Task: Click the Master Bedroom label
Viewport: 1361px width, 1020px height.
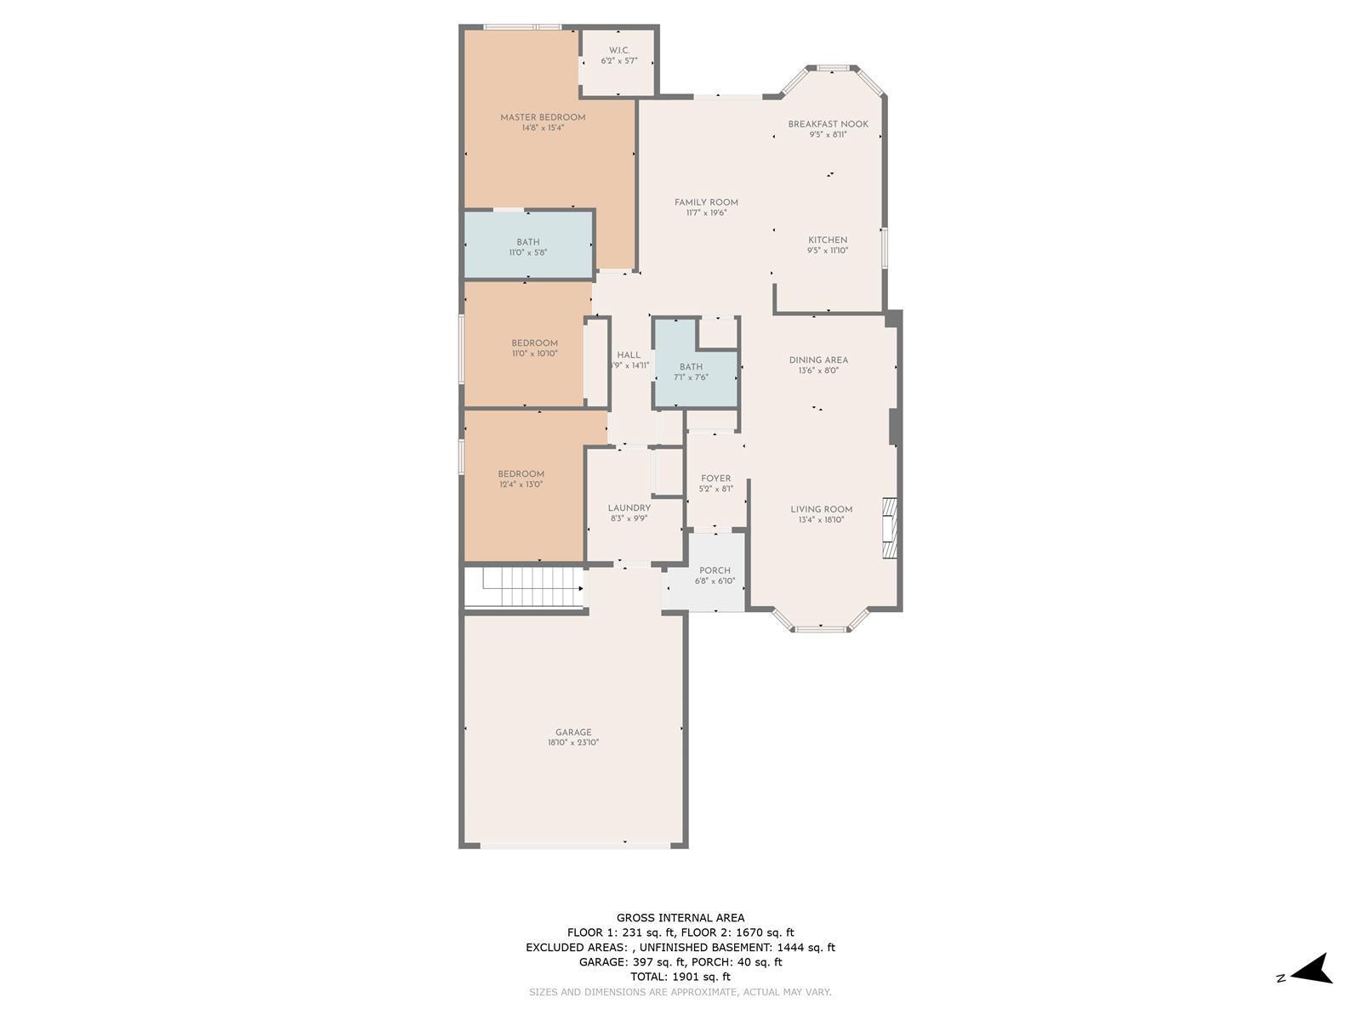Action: click(x=543, y=117)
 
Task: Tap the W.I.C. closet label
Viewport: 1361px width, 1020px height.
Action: click(x=618, y=50)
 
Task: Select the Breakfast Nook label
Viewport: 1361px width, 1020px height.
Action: click(x=828, y=124)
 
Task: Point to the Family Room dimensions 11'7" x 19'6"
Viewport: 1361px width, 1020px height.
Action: click(x=706, y=213)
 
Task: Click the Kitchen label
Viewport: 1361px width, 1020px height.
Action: click(x=827, y=241)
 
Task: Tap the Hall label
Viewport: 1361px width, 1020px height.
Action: click(x=628, y=355)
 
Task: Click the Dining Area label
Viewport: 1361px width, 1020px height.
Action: click(x=818, y=360)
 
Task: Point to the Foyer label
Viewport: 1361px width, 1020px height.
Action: click(x=715, y=479)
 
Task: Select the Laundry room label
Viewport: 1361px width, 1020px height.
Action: click(x=629, y=508)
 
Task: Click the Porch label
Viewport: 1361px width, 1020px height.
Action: click(x=715, y=571)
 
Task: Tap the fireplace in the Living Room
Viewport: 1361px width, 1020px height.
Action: click(x=890, y=528)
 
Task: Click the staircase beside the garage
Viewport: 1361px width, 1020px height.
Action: click(x=525, y=587)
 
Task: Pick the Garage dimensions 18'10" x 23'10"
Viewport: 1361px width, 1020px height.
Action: click(x=573, y=743)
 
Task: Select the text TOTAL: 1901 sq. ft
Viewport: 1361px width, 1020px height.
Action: click(x=680, y=977)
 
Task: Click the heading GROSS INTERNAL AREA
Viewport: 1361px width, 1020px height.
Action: click(x=680, y=918)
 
